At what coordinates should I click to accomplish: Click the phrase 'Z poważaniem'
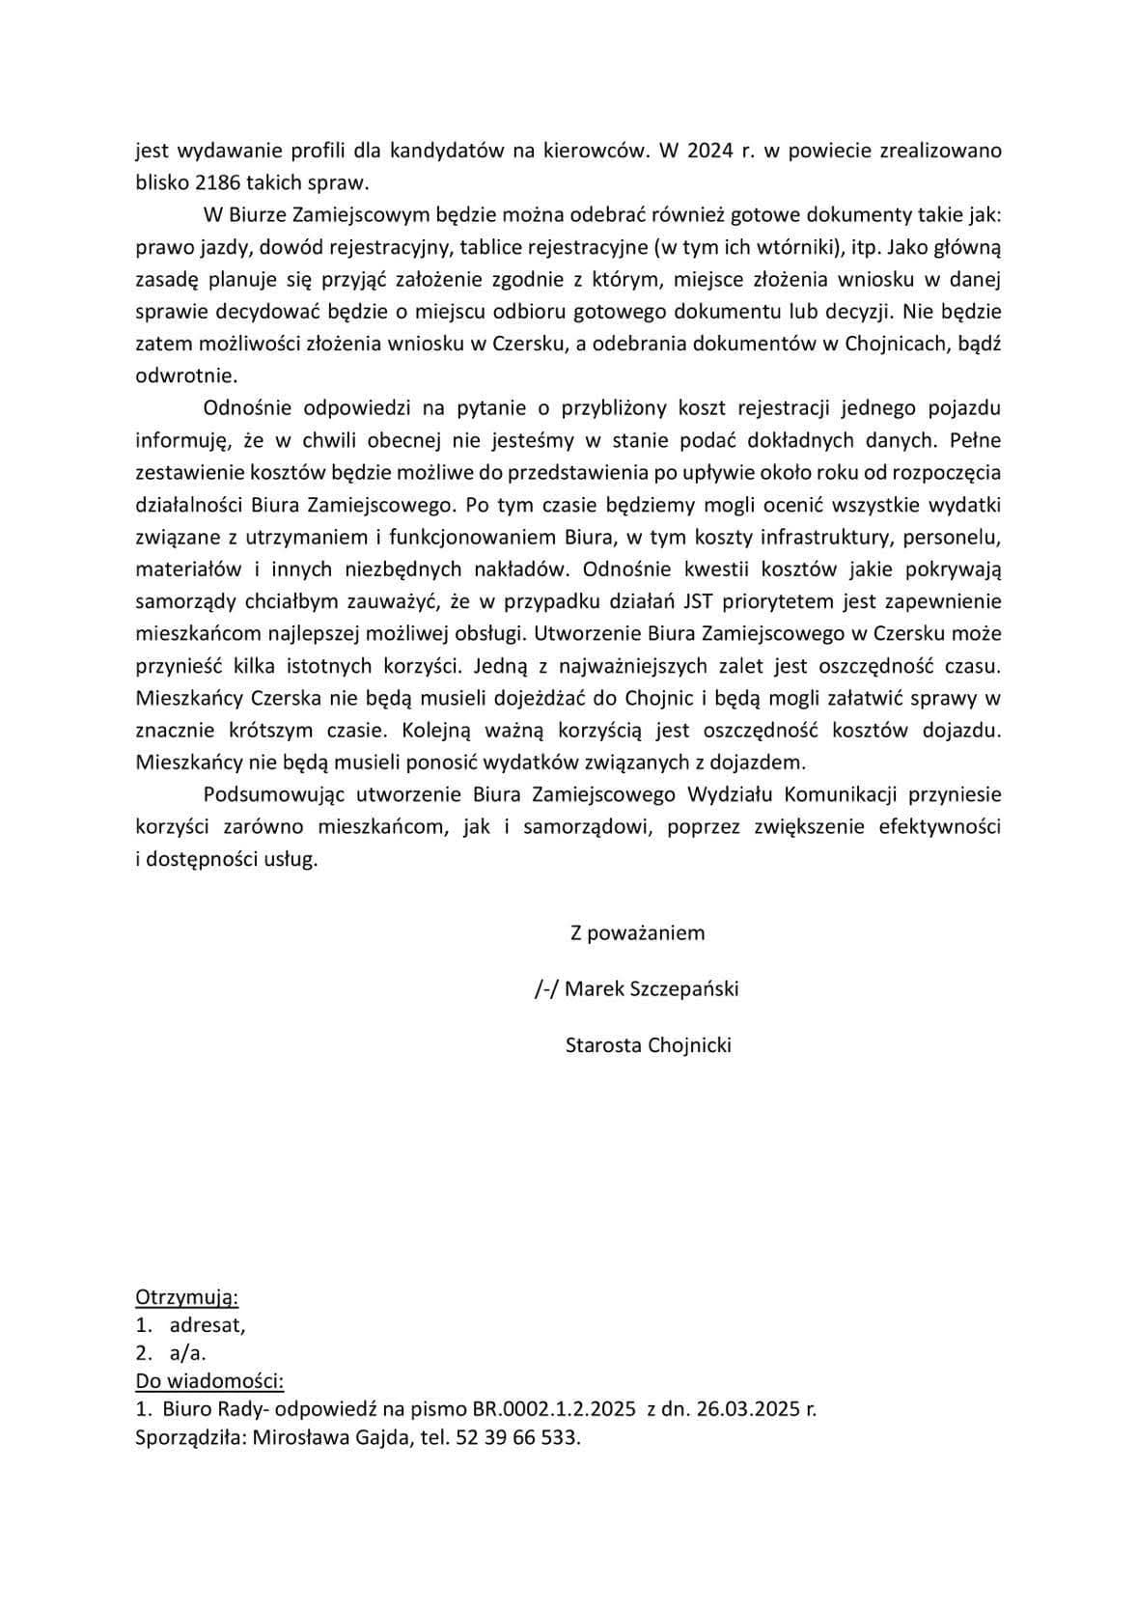(x=637, y=932)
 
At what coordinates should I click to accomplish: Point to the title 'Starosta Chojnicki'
(x=648, y=1044)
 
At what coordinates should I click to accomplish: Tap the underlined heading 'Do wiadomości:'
(x=209, y=1380)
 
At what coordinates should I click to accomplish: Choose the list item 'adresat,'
(x=207, y=1324)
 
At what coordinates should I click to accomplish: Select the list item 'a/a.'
(x=187, y=1352)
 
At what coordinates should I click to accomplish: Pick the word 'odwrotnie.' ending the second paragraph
(x=185, y=375)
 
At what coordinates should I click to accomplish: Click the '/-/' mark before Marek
(x=546, y=988)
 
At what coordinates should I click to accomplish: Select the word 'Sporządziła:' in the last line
(x=189, y=1437)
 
